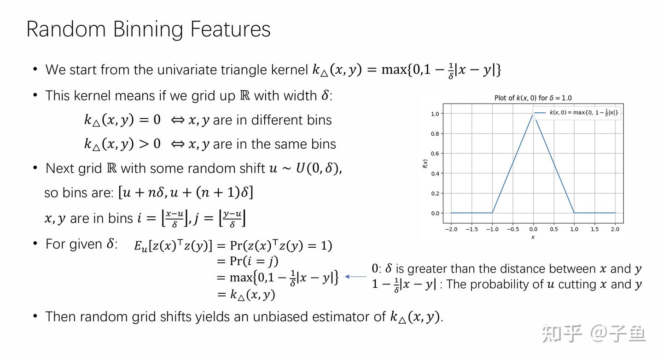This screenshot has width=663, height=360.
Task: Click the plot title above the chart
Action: pos(533,98)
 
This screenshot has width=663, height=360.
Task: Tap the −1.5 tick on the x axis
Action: pos(471,229)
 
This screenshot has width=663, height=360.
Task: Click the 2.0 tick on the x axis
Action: pos(615,229)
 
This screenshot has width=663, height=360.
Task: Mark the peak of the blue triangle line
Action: pos(533,114)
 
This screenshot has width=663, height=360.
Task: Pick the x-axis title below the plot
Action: pos(533,237)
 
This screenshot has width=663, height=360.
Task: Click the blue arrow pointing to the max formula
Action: pos(355,277)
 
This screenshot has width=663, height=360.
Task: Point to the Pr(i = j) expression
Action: pos(254,261)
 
